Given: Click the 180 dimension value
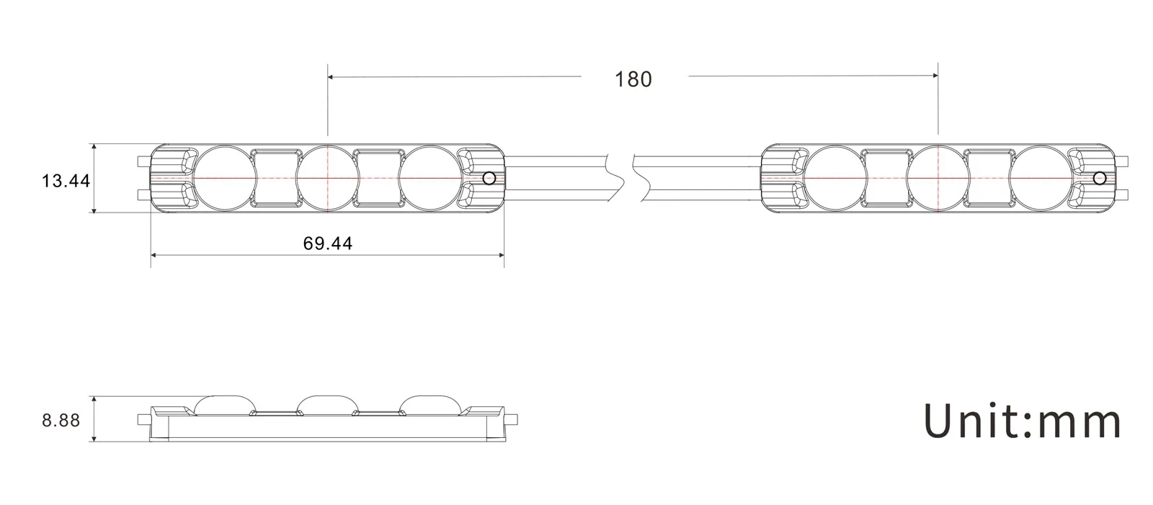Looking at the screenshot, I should [x=633, y=79].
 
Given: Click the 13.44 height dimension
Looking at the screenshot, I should [x=66, y=180].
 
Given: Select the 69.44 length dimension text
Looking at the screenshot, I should [x=328, y=243].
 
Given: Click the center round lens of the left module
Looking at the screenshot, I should [x=328, y=177].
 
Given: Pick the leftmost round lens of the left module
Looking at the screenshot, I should [x=225, y=177].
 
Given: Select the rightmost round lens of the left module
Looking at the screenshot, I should [x=429, y=177].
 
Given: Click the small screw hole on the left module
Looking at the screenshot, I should [x=489, y=178].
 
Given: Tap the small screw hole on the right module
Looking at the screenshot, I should [x=1099, y=178].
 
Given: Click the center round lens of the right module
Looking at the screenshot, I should [x=938, y=177].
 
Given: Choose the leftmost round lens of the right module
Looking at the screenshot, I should [x=835, y=177].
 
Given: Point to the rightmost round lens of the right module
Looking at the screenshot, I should [x=1039, y=177].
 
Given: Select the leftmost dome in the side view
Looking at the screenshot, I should [x=223, y=404].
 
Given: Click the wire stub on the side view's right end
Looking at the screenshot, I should [x=515, y=419].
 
